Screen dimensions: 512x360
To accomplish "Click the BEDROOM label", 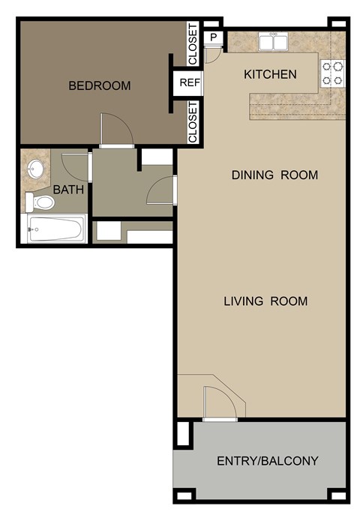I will (x=99, y=85).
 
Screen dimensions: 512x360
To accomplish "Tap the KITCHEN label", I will (x=270, y=74).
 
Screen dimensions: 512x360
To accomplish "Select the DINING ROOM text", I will (x=274, y=175).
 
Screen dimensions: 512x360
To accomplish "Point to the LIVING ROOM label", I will (x=265, y=301).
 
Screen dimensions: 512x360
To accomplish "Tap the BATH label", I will (x=68, y=190).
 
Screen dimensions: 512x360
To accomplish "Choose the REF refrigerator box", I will (x=189, y=82).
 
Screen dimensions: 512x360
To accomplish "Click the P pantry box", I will (x=214, y=37).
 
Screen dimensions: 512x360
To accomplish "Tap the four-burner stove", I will (x=334, y=72).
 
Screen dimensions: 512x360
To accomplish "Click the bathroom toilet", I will (x=40, y=202).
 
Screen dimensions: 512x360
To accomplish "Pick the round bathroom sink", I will (x=34, y=168).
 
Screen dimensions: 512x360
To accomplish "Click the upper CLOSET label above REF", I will (x=193, y=43).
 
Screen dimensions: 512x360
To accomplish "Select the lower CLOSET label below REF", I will (x=193, y=122).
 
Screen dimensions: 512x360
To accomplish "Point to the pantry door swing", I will (x=212, y=55).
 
